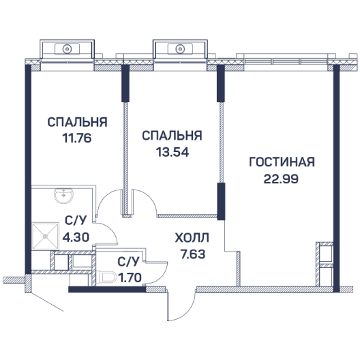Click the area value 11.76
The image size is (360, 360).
pyautogui.click(x=77, y=138)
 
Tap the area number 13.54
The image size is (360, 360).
pyautogui.click(x=172, y=152)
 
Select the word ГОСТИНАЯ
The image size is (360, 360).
pyautogui.click(x=282, y=162)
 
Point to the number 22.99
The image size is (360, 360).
pyautogui.click(x=281, y=179)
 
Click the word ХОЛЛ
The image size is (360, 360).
pyautogui.click(x=192, y=238)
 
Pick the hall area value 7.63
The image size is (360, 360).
pyautogui.click(x=193, y=254)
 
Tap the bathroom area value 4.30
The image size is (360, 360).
pyautogui.click(x=76, y=237)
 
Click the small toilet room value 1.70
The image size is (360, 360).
pyautogui.click(x=130, y=277)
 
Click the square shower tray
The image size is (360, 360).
pyautogui.click(x=45, y=236)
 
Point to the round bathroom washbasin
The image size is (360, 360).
pyautogui.click(x=64, y=196)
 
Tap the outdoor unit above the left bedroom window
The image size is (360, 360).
pyautogui.click(x=67, y=49)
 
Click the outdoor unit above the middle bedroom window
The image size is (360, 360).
pyautogui.click(x=180, y=49)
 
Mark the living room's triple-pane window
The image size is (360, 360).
pyautogui.click(x=286, y=61)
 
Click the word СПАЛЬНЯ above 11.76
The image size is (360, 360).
pyautogui.click(x=77, y=122)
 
